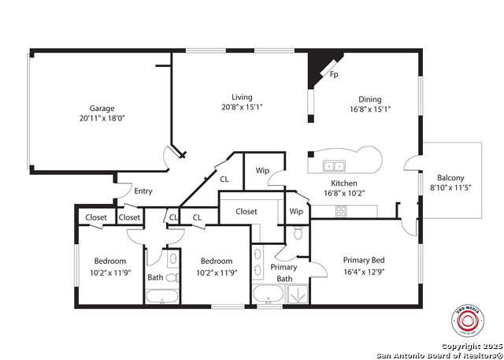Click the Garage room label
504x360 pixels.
[102, 108]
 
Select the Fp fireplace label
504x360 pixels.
[334, 76]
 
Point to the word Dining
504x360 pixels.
[370, 99]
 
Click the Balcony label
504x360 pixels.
[451, 178]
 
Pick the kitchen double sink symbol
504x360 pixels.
[334, 166]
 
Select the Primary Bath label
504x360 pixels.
[283, 273]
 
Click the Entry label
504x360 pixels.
[143, 191]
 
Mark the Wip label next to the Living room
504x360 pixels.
[262, 171]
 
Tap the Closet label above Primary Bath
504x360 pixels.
[246, 211]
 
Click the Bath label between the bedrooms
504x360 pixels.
[155, 277]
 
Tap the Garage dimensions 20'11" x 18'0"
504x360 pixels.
[102, 118]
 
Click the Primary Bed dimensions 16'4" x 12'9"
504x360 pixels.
[364, 273]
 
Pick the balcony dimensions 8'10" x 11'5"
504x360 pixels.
[451, 188]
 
